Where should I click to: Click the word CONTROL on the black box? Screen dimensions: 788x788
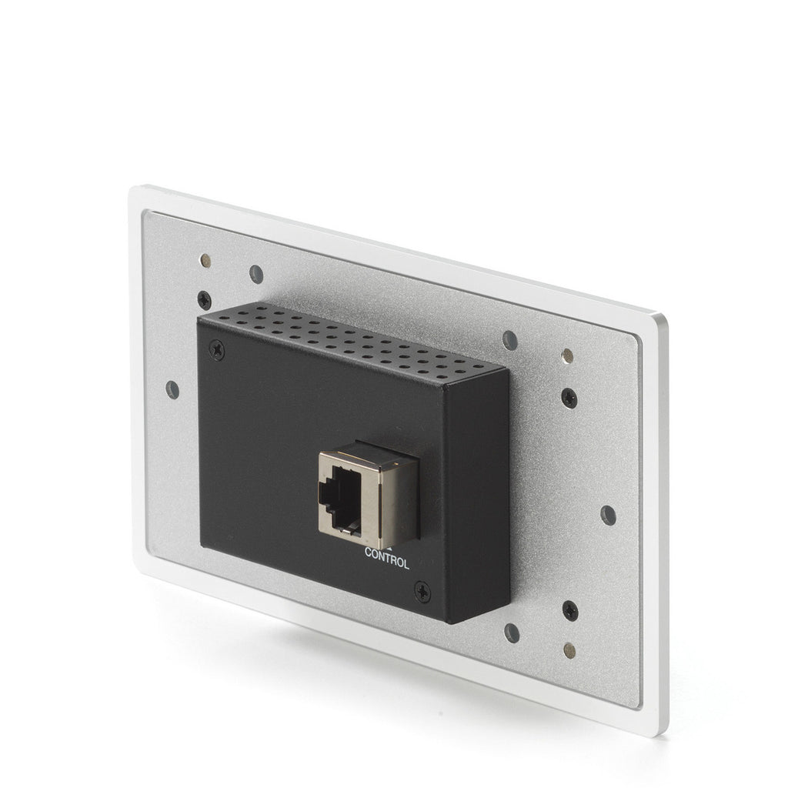tap(387, 559)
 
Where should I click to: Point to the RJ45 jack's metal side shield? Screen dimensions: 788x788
tap(398, 500)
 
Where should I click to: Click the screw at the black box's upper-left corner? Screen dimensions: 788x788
tap(216, 349)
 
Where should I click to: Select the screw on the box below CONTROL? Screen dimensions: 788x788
tap(422, 591)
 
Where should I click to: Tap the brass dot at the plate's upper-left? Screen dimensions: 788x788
tap(205, 260)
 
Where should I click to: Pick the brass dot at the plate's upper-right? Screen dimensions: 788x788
tap(568, 355)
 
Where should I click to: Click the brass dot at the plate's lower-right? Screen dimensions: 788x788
tap(569, 649)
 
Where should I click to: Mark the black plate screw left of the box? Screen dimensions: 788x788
tap(204, 300)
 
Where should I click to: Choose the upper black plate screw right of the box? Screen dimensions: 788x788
tap(569, 398)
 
